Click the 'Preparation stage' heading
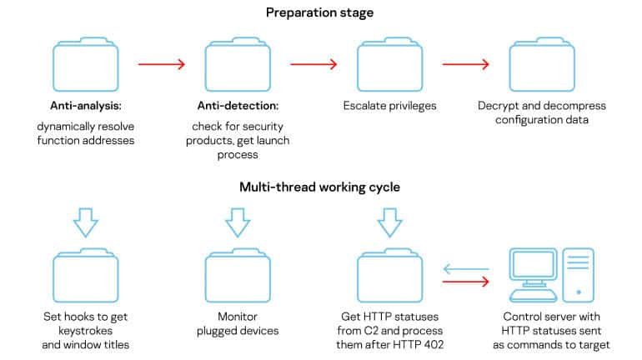[x=320, y=12]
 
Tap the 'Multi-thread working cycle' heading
[x=320, y=187]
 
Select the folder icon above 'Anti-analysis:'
[x=86, y=64]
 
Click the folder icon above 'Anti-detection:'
[x=238, y=64]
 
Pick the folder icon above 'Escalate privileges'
[x=390, y=64]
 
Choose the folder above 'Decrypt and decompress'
[x=542, y=64]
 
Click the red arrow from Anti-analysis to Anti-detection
[x=162, y=64]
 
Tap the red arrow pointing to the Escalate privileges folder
[x=313, y=64]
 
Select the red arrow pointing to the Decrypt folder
[x=466, y=64]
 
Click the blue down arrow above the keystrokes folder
[x=86, y=222]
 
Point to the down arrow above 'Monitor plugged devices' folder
[x=238, y=222]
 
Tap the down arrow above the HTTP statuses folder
[x=390, y=222]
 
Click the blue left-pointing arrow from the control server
[x=466, y=269]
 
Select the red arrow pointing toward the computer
[x=466, y=282]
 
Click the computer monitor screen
[x=533, y=264]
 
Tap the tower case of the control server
[x=578, y=275]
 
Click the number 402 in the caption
[x=434, y=345]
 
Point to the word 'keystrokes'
[x=86, y=331]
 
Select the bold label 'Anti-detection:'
[x=238, y=106]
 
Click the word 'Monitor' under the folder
[x=238, y=317]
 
